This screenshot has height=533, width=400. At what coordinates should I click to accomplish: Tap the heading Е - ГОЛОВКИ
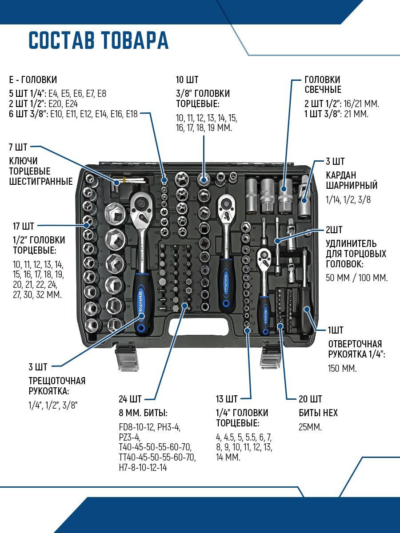33,80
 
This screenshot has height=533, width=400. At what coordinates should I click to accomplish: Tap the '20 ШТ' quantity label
310,398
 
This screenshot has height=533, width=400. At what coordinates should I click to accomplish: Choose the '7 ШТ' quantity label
18,147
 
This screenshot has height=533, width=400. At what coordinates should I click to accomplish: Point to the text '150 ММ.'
342,369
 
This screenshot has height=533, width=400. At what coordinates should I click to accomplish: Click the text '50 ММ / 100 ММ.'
357,278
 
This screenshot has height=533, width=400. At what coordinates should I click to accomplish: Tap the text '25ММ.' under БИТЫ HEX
310,427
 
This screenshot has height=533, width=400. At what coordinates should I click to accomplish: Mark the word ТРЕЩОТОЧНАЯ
56,381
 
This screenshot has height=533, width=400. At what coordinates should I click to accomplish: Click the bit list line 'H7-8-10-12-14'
143,468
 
